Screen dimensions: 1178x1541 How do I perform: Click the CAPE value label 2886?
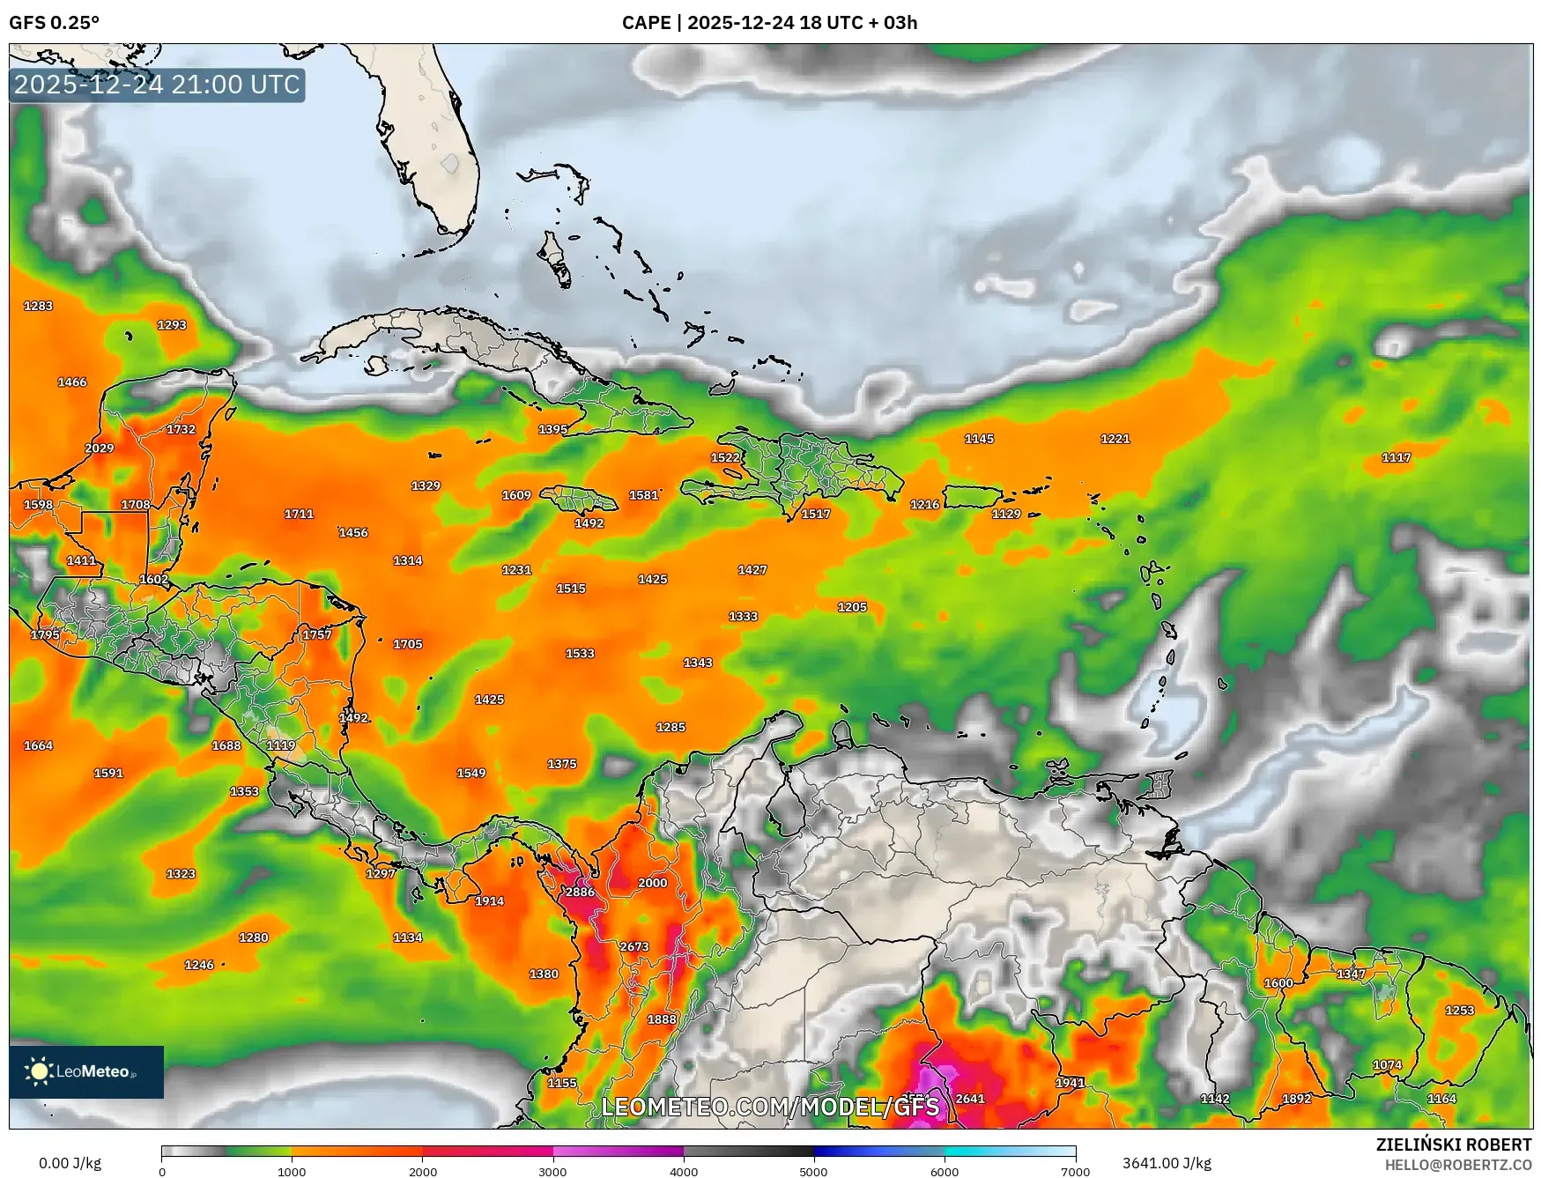pyautogui.click(x=580, y=892)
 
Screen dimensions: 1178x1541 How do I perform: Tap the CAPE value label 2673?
pyautogui.click(x=633, y=946)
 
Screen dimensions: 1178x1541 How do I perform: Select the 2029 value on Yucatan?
pyautogui.click(x=99, y=448)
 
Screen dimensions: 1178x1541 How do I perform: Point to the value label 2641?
pyautogui.click(x=969, y=1098)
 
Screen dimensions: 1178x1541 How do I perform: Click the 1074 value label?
pyautogui.click(x=1387, y=1064)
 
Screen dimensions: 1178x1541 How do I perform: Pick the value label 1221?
pyautogui.click(x=1115, y=438)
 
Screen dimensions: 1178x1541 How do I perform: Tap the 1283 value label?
pyautogui.click(x=38, y=306)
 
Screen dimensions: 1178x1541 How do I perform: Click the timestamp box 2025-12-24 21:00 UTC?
pyautogui.click(x=157, y=85)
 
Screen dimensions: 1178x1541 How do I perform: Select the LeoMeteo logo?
pyautogui.click(x=86, y=1071)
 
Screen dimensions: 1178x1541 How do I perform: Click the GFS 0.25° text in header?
pyautogui.click(x=54, y=23)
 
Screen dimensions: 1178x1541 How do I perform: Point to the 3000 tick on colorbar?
pyautogui.click(x=552, y=1171)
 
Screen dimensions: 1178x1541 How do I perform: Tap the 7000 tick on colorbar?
pyautogui.click(x=1076, y=1171)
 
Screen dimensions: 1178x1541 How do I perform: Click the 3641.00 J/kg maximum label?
pyautogui.click(x=1166, y=1163)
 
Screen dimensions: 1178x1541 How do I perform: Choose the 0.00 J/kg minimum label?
pyautogui.click(x=70, y=1163)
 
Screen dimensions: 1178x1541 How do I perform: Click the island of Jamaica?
pyautogui.click(x=579, y=500)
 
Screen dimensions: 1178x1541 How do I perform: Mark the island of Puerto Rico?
pyautogui.click(x=974, y=497)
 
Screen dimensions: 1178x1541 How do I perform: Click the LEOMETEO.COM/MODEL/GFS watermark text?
pyautogui.click(x=769, y=1107)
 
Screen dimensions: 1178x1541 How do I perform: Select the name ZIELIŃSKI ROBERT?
pyautogui.click(x=1453, y=1145)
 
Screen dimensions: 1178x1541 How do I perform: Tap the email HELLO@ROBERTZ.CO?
pyautogui.click(x=1457, y=1165)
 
